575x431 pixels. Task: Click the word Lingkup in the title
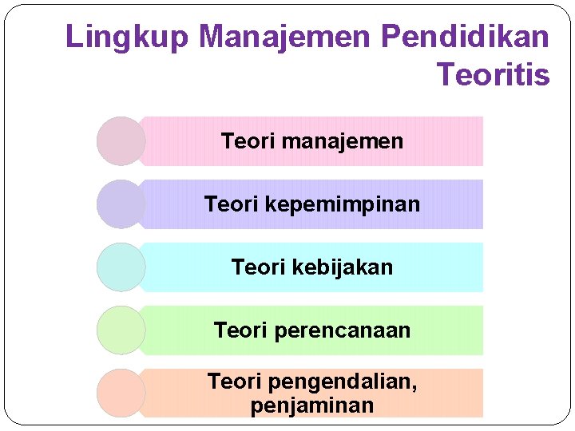coord(127,38)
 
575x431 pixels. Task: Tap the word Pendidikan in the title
coord(466,37)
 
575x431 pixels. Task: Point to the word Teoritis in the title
coord(494,75)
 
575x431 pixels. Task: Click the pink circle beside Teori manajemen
coord(121,141)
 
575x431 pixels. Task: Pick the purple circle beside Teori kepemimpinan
coord(121,204)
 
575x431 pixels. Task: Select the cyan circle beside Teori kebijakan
coord(121,267)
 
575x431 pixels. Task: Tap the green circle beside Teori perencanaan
coord(121,330)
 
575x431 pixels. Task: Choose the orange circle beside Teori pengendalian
coord(121,393)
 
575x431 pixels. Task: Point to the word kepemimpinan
coord(342,205)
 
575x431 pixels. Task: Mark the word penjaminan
coord(312,405)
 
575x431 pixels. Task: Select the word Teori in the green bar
coord(240,330)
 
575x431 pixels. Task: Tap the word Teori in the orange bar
coord(234,382)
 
